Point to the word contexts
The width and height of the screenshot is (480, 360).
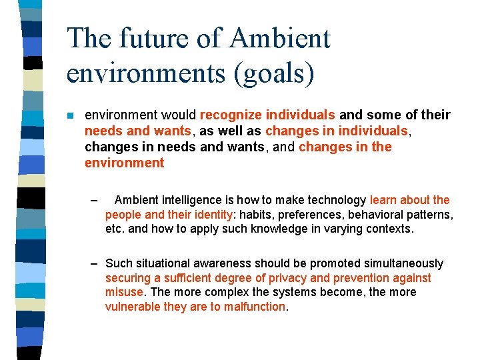[x=388, y=229]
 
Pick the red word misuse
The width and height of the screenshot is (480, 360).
[x=124, y=292]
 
